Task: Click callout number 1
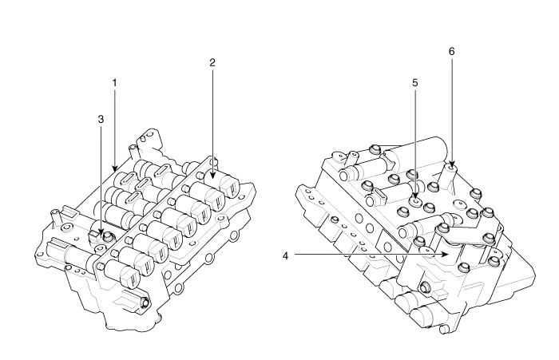(114, 83)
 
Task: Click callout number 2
(212, 63)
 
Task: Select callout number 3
(101, 119)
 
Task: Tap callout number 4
(285, 255)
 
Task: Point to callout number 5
(415, 83)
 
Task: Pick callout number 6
(452, 51)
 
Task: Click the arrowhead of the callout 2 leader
(213, 174)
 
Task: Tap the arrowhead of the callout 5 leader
(415, 197)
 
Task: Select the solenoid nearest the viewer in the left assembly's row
(121, 273)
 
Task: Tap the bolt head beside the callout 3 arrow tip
(107, 236)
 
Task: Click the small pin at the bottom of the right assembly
(444, 330)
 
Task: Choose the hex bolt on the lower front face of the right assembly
(425, 287)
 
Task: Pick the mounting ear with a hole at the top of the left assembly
(145, 138)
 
